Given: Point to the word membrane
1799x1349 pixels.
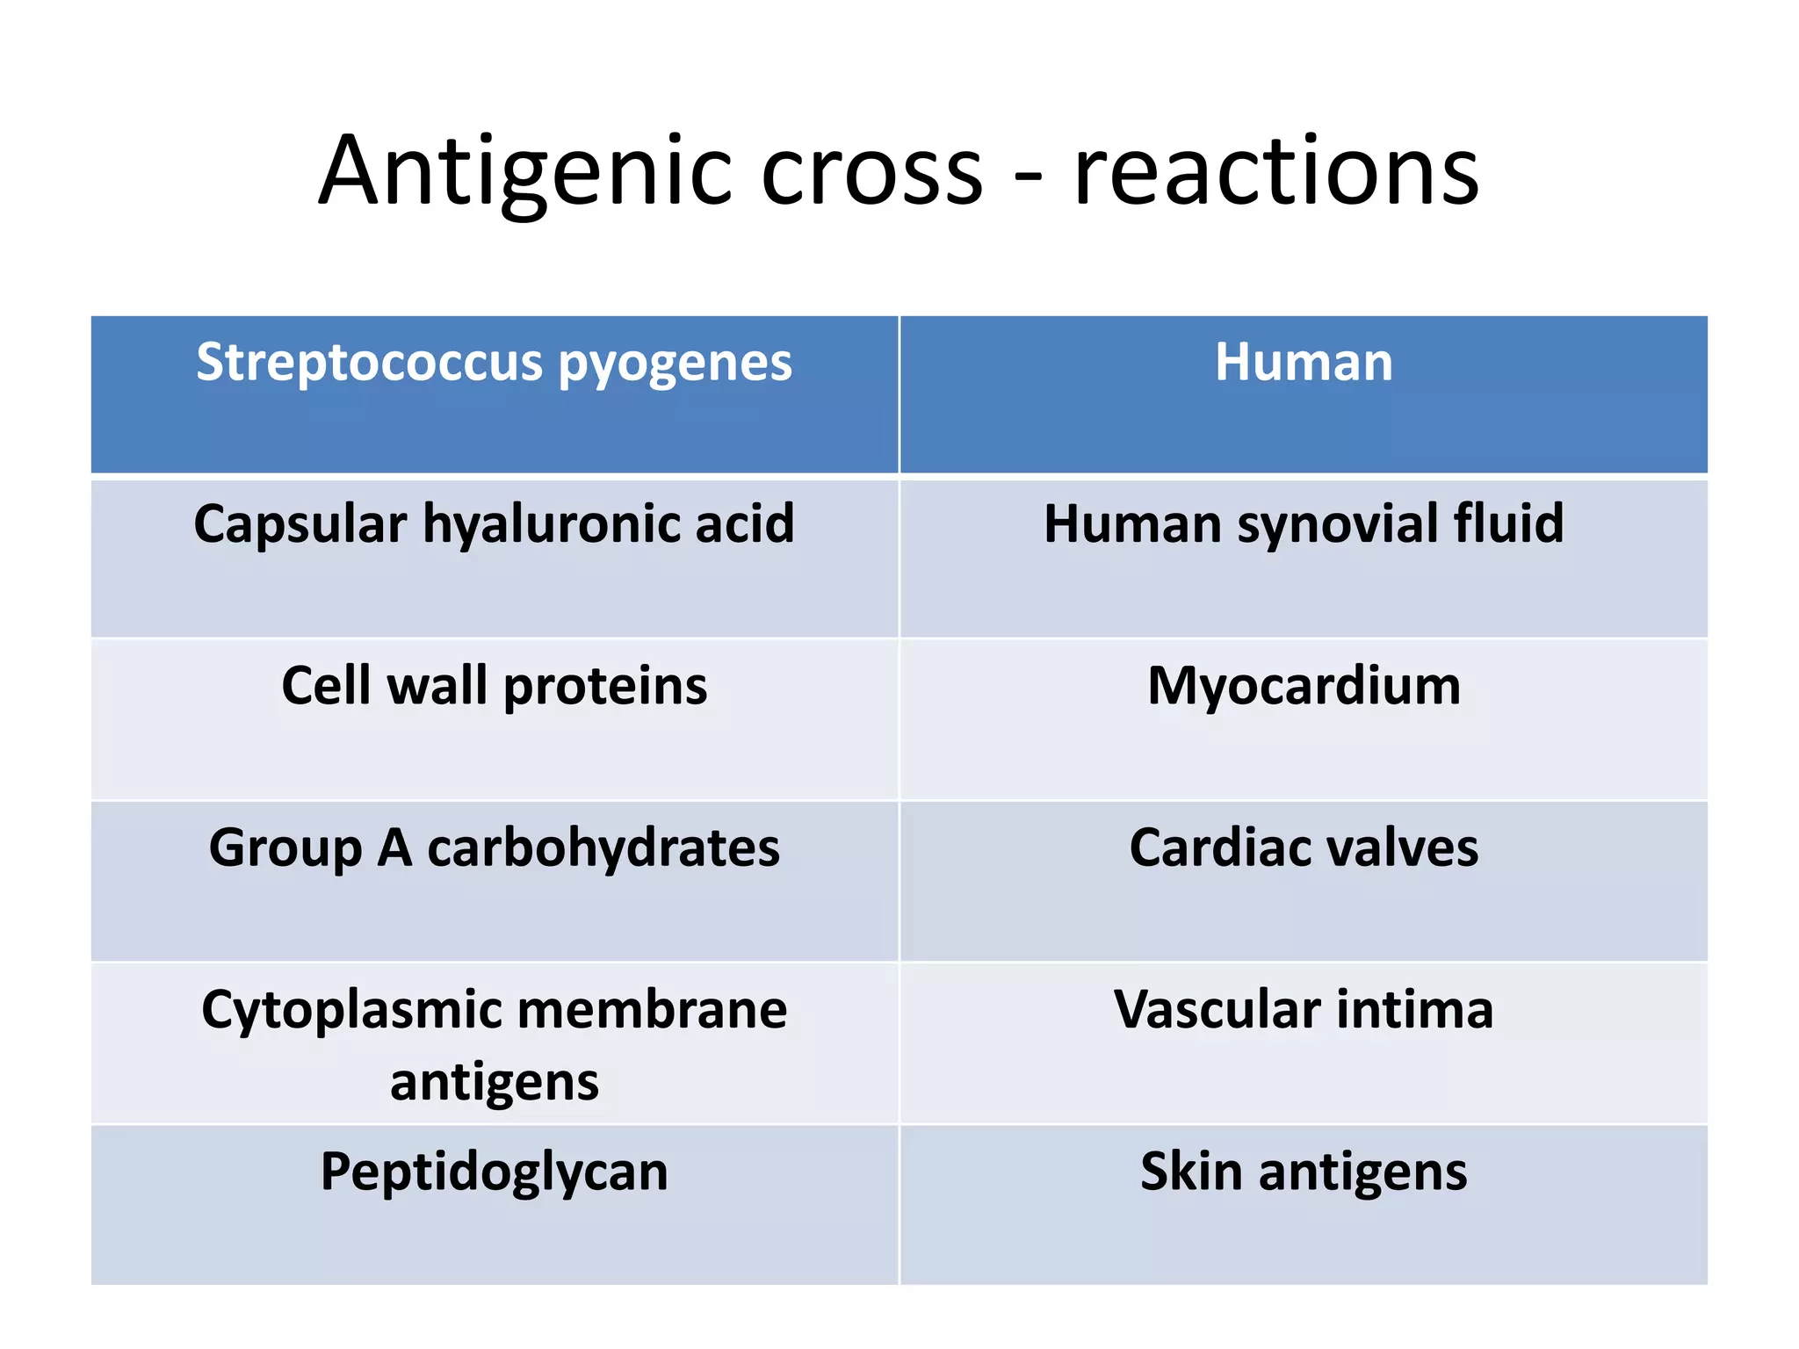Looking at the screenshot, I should coord(652,1010).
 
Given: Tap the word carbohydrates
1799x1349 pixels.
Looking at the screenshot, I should coord(603,850).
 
